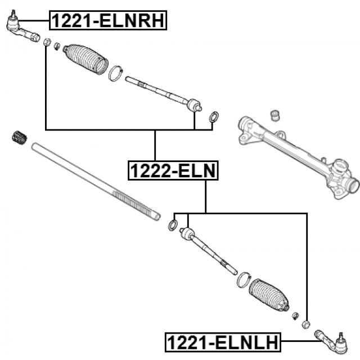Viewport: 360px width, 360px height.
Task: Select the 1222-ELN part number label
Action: tap(173, 169)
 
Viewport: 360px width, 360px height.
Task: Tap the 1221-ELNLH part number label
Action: tap(224, 340)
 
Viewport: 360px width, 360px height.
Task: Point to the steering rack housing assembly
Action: tap(292, 149)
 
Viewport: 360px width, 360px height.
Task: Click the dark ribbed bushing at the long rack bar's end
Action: tap(20, 138)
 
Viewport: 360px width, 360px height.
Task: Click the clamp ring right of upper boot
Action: tap(117, 73)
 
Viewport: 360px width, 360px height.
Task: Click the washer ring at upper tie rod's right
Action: tap(214, 118)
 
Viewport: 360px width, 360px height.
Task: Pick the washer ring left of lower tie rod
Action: tap(174, 226)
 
